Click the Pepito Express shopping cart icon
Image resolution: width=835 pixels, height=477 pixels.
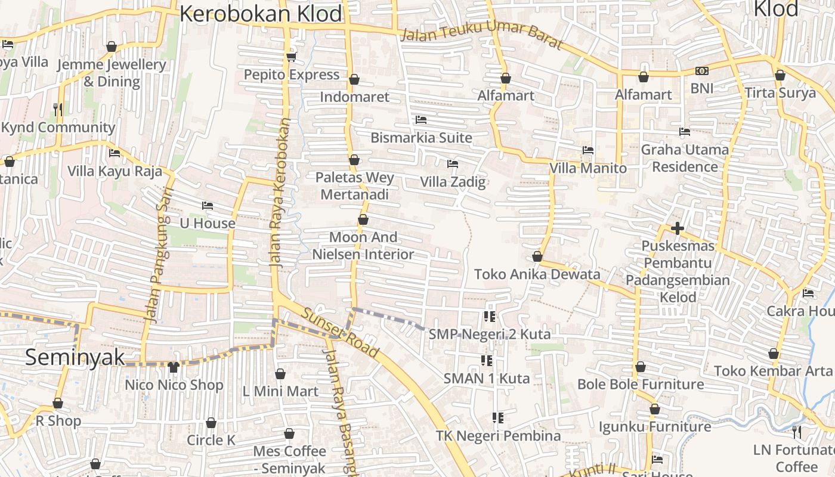[x=291, y=57]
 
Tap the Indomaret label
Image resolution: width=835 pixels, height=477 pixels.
[x=354, y=97]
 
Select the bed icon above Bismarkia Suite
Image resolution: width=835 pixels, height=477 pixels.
[x=420, y=120]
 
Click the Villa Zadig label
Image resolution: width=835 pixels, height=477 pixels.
[x=453, y=182]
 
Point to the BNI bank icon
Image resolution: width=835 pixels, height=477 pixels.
[x=701, y=71]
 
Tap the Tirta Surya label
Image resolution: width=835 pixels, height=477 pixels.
[x=780, y=93]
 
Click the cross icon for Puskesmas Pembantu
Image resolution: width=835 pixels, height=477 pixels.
[x=677, y=228]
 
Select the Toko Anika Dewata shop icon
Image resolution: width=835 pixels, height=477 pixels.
[x=537, y=256]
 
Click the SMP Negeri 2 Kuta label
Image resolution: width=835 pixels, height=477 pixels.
[x=490, y=334]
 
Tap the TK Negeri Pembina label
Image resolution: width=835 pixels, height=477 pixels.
[x=498, y=436]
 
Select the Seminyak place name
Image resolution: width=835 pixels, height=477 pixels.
[x=75, y=357]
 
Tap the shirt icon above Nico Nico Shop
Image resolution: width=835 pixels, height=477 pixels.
[x=174, y=367]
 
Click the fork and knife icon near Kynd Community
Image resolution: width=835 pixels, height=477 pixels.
[x=58, y=109]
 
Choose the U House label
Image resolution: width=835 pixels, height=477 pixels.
[x=208, y=224]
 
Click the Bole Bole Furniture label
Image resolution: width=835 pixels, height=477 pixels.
[x=640, y=384]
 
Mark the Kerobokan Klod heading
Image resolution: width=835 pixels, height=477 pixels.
[x=261, y=13]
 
